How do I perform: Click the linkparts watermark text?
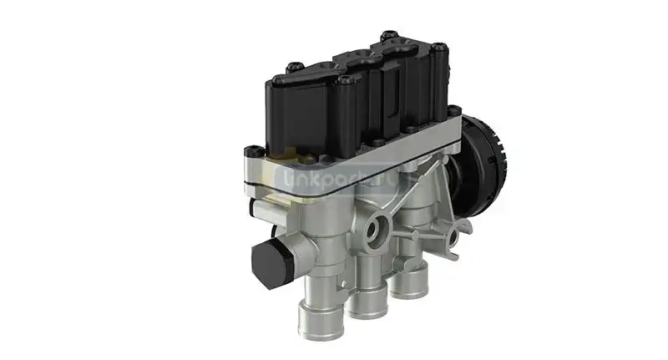334,176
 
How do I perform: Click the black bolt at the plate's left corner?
248,152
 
